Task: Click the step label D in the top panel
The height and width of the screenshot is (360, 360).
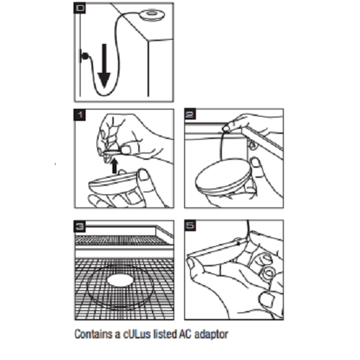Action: point(80,8)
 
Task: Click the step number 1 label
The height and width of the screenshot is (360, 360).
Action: point(80,114)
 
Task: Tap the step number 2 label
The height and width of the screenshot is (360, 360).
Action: point(190,114)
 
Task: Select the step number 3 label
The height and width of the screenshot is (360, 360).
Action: point(80,226)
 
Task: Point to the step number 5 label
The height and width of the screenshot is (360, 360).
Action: point(190,225)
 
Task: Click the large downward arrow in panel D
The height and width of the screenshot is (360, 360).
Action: point(104,66)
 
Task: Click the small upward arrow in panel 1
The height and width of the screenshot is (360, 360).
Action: point(114,166)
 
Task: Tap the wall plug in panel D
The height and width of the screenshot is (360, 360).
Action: point(84,56)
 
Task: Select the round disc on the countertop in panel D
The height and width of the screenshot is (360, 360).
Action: point(150,14)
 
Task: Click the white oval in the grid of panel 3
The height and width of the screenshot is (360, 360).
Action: point(120,281)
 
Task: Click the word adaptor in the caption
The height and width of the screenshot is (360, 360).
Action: point(211,335)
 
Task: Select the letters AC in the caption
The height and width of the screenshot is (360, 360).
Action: point(185,334)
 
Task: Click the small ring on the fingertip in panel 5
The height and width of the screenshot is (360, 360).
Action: point(269,274)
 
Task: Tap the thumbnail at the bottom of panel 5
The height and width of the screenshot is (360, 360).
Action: point(266,300)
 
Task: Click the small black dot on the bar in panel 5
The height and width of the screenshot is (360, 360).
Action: point(238,243)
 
